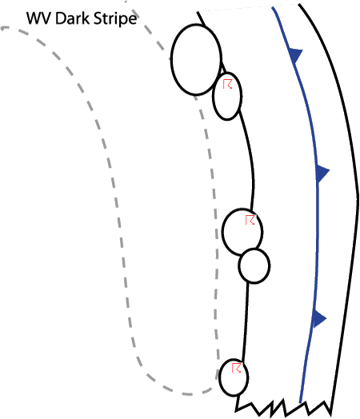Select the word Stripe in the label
116,19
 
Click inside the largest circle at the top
197,60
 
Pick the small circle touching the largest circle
227,96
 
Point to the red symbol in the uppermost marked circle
228,84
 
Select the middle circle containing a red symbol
242,232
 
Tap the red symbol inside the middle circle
250,220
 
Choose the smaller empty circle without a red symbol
254,265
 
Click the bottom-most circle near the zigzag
234,377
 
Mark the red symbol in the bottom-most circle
237,368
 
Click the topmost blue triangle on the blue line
295,55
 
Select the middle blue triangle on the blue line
322,173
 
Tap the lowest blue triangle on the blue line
319,318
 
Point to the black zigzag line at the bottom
283,407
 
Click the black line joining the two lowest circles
245,321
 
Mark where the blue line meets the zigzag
301,402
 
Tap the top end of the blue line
272,7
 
